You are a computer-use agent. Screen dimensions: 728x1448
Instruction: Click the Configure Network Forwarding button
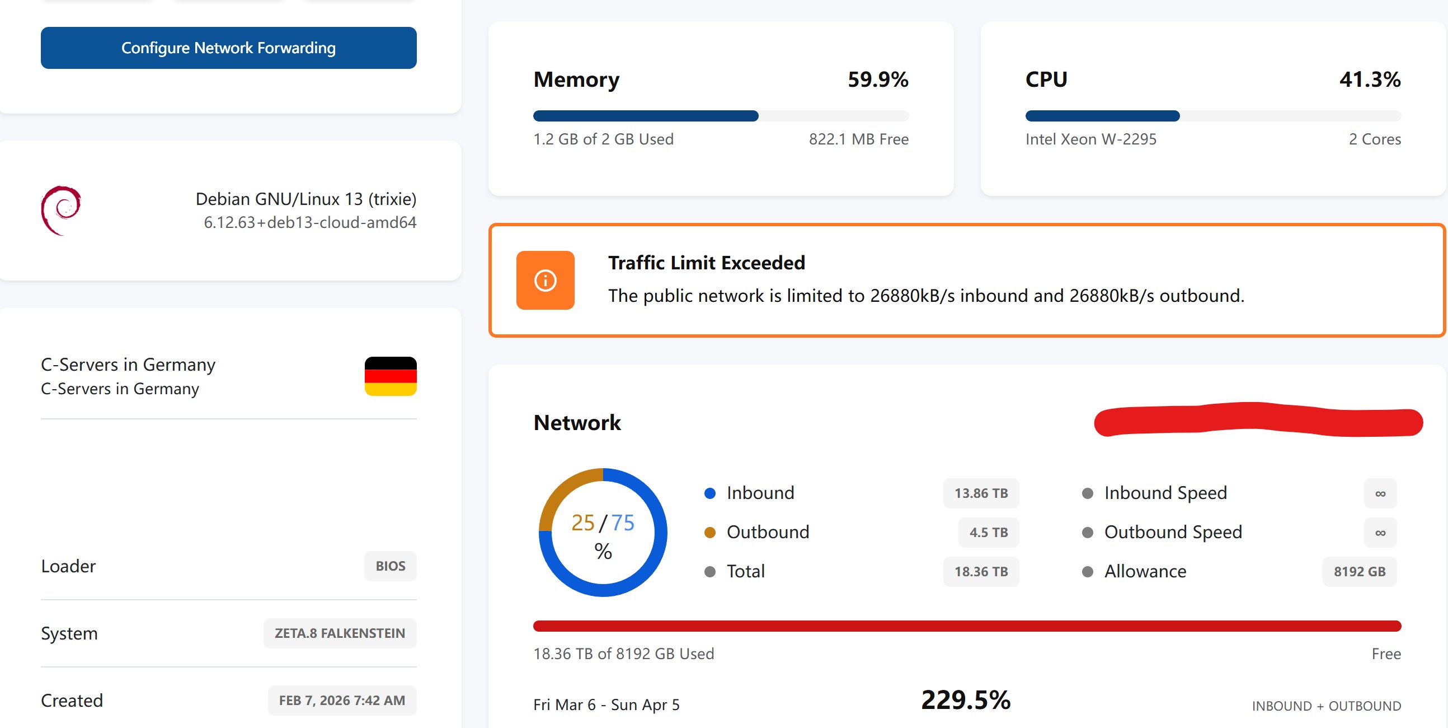(x=228, y=48)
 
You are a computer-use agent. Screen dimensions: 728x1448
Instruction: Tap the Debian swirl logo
(x=62, y=210)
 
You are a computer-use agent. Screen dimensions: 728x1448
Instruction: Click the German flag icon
(x=390, y=376)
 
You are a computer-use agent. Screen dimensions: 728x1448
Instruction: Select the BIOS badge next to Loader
(x=390, y=566)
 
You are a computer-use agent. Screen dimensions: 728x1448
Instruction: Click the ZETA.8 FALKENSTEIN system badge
(x=340, y=633)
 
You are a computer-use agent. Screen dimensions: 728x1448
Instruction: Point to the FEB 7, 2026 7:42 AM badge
(x=342, y=700)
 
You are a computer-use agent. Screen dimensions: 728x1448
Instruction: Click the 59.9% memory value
(x=877, y=80)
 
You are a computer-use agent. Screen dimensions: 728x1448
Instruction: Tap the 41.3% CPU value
(x=1369, y=80)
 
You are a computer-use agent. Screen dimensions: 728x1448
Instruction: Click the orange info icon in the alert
(x=545, y=280)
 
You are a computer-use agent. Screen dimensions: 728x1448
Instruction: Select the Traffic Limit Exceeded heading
(x=706, y=263)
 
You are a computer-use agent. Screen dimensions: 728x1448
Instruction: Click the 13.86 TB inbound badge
(x=980, y=493)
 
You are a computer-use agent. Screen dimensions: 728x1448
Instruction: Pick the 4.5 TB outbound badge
(x=988, y=532)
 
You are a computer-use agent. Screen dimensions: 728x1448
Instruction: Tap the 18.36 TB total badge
(x=980, y=571)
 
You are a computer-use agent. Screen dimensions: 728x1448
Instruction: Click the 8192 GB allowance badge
(x=1358, y=571)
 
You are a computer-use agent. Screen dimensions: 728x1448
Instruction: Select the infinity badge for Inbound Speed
(x=1379, y=493)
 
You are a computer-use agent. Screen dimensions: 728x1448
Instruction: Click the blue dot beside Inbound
(x=709, y=493)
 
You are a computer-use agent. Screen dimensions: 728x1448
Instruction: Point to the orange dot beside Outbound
(x=709, y=532)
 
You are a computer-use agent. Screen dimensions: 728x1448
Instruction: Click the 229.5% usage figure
(x=965, y=700)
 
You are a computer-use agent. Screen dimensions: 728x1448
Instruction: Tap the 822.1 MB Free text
(x=858, y=139)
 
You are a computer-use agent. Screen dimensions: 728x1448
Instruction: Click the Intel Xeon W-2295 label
(x=1090, y=139)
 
